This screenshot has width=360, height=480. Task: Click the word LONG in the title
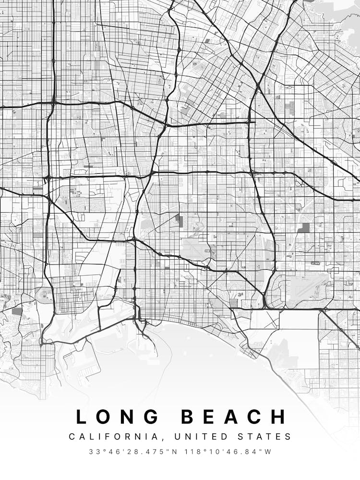118,417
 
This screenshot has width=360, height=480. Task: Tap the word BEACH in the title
234,417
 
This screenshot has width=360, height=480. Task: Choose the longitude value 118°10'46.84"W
229,452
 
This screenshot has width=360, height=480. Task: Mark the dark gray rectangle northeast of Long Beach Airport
303,228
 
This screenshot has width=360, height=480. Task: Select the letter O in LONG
105,417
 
